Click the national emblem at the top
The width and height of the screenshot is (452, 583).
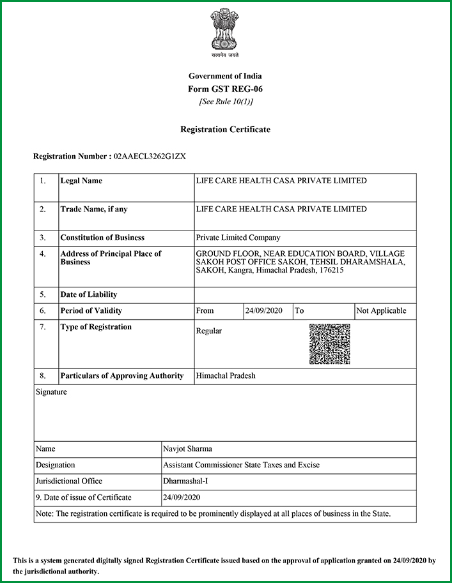click(x=226, y=32)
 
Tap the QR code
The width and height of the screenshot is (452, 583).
click(x=329, y=344)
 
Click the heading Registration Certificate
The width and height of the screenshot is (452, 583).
click(x=226, y=130)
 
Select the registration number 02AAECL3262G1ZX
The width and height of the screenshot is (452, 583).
click(x=150, y=156)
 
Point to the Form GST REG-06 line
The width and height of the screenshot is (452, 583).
click(x=226, y=89)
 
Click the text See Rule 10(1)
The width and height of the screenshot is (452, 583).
click(x=226, y=102)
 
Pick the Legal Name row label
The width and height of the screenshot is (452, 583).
click(x=81, y=181)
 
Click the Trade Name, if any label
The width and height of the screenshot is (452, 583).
click(x=97, y=209)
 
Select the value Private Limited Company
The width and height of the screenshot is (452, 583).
click(x=238, y=238)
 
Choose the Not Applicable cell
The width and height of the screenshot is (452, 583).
click(x=382, y=311)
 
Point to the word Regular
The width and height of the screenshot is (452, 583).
click(x=209, y=331)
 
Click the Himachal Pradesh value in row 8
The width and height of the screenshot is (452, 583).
click(x=226, y=376)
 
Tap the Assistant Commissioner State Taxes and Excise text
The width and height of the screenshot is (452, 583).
click(x=241, y=465)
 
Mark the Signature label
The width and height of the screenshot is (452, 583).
click(x=51, y=392)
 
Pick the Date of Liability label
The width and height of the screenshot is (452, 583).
click(x=89, y=295)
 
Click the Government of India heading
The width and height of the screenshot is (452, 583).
click(x=226, y=77)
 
